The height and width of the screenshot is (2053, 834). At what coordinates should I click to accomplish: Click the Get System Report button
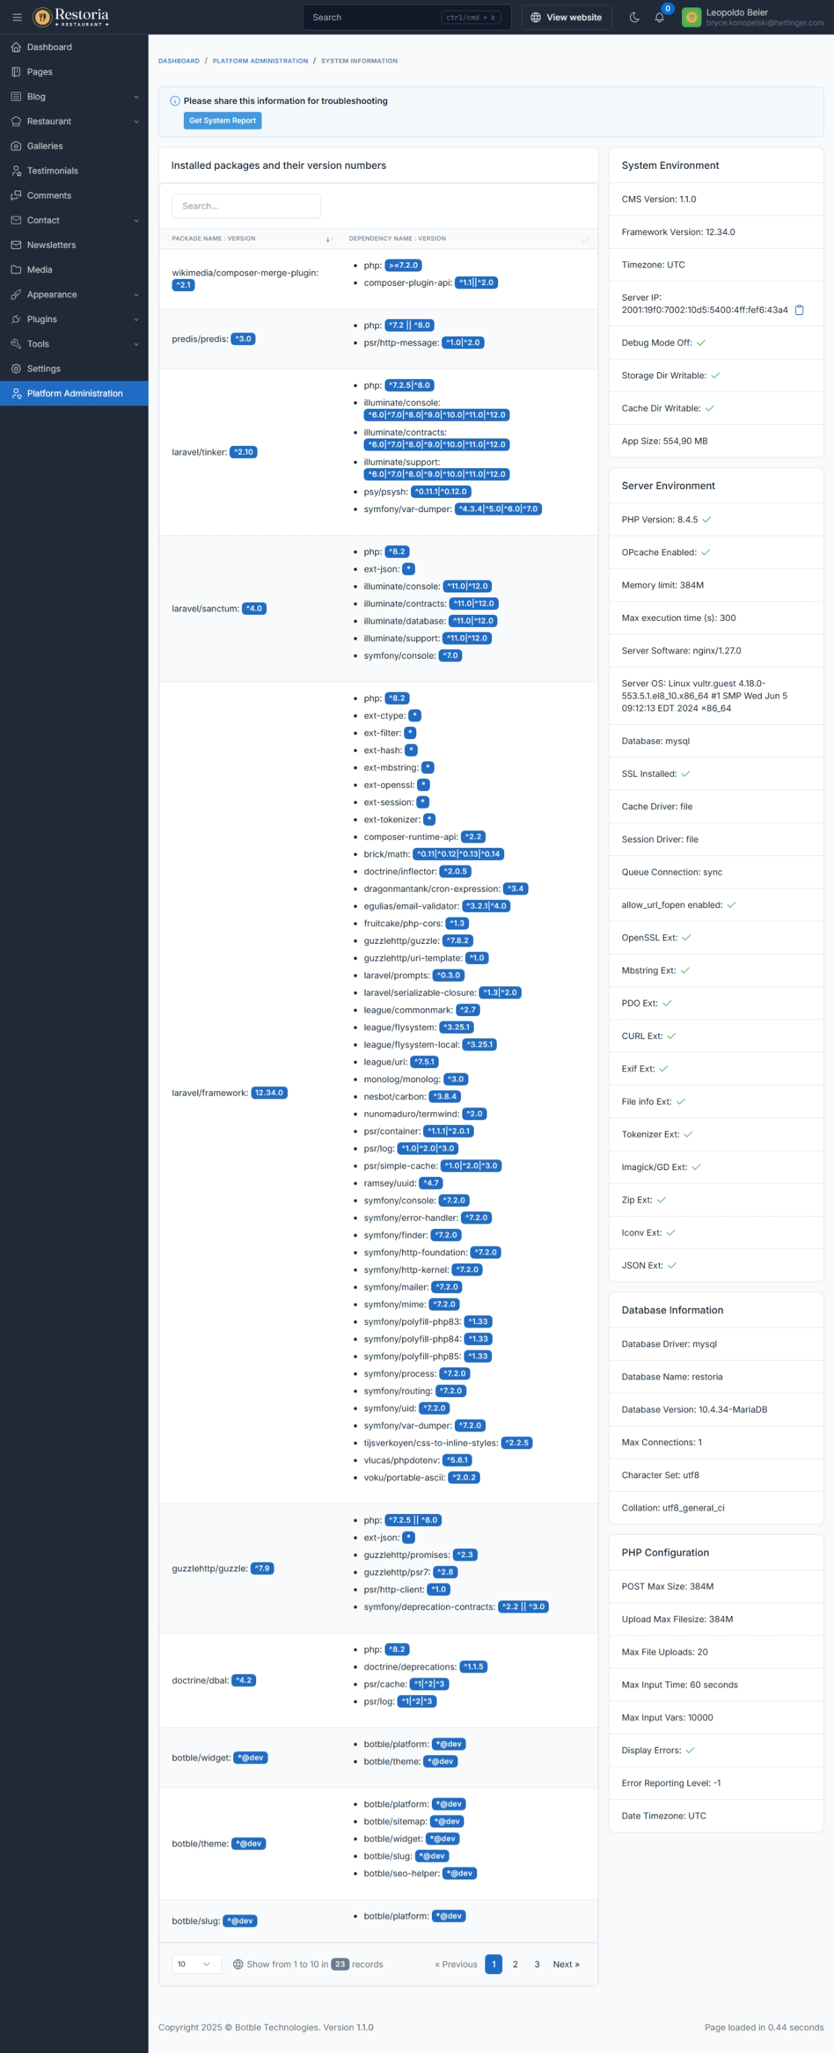(222, 120)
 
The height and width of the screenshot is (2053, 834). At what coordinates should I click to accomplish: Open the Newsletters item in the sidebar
(51, 245)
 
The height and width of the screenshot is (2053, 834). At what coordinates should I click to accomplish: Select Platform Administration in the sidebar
(74, 394)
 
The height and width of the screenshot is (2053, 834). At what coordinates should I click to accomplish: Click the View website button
(566, 18)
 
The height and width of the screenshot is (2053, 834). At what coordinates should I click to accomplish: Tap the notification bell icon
(660, 18)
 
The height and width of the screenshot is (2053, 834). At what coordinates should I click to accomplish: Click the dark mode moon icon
(635, 18)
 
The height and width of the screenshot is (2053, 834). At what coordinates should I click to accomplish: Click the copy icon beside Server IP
(799, 310)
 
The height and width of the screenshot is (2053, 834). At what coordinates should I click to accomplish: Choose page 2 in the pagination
(515, 1965)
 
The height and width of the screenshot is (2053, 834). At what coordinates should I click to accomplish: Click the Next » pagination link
(566, 1965)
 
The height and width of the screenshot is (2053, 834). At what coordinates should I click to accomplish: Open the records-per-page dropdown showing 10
(195, 1965)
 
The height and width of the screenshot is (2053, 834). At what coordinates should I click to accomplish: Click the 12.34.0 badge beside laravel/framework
(269, 1092)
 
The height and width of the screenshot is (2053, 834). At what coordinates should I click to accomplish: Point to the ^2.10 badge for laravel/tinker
(243, 452)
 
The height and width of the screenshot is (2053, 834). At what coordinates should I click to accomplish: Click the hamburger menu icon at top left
(17, 18)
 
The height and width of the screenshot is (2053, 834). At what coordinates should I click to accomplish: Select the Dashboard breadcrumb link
(178, 61)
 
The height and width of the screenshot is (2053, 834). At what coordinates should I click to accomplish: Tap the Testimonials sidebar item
(52, 170)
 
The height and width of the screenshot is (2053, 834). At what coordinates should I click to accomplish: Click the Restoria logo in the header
(71, 17)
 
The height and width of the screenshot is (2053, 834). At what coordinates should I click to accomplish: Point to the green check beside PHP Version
(707, 519)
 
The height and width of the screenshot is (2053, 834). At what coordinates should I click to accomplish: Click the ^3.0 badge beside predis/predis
(243, 338)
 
